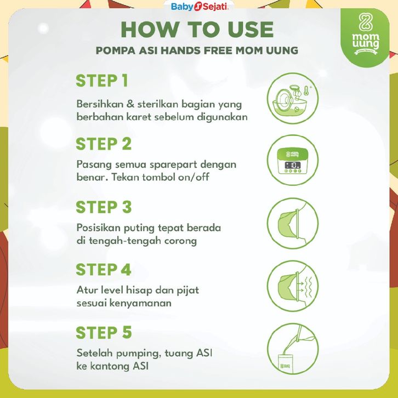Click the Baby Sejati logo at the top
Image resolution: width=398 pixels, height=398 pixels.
pyautogui.click(x=200, y=7)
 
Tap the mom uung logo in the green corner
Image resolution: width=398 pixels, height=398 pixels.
pyautogui.click(x=366, y=34)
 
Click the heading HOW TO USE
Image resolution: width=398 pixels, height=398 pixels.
pyautogui.click(x=197, y=30)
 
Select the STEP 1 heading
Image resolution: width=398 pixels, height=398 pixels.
pyautogui.click(x=102, y=81)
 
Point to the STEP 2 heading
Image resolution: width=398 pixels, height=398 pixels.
pyautogui.click(x=104, y=144)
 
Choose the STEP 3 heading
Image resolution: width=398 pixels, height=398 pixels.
pyautogui.click(x=104, y=207)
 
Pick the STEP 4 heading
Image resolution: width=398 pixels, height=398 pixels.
pyautogui.click(x=104, y=270)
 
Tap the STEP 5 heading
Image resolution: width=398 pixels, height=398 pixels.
pyautogui.click(x=104, y=333)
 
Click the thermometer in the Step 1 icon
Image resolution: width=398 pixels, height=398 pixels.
pyautogui.click(x=306, y=90)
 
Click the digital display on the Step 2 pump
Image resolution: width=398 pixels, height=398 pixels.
pyautogui.click(x=293, y=166)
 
